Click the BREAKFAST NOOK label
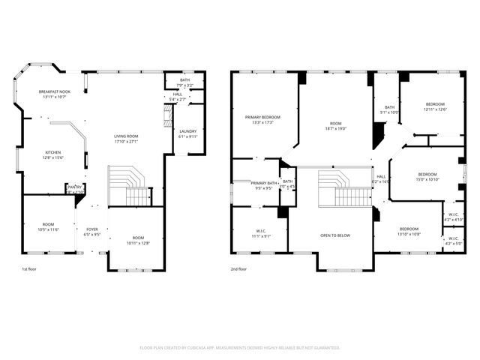tap(54, 91)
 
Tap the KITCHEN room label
tap(49, 151)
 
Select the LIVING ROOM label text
tap(125, 136)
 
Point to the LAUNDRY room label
tap(187, 130)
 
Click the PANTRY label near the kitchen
tap(74, 187)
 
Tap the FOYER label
tap(91, 229)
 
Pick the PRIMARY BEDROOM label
tap(262, 117)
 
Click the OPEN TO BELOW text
tap(335, 235)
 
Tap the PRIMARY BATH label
tap(264, 183)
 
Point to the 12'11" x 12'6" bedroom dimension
tap(435, 109)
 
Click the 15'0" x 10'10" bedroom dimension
tap(427, 179)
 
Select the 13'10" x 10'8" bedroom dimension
tap(409, 234)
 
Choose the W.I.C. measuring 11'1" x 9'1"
tap(260, 236)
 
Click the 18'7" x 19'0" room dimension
tap(335, 128)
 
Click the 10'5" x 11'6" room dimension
tap(48, 229)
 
